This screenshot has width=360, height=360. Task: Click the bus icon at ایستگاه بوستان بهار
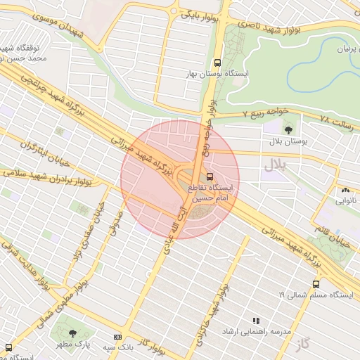[x=217, y=62]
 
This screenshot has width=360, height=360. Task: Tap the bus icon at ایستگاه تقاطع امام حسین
[x=210, y=176]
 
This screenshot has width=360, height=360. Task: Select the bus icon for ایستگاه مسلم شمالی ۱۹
[x=316, y=285]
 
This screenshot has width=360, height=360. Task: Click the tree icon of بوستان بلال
[x=288, y=129]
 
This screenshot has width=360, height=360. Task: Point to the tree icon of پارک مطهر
[x=72, y=333]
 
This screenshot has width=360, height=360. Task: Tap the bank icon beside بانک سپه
[x=117, y=337]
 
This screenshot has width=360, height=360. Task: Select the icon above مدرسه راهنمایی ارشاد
[x=256, y=320]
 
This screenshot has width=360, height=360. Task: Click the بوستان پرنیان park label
[x=335, y=49]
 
